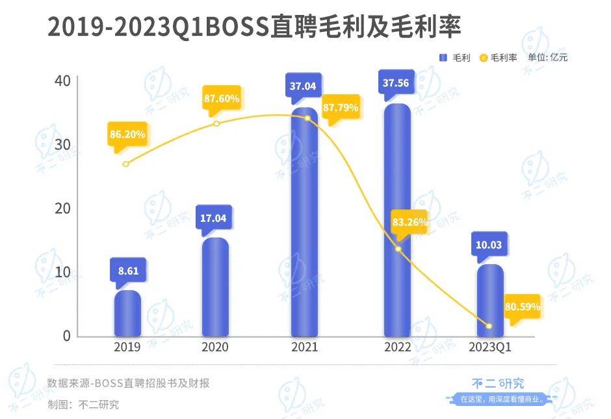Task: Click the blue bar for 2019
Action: coord(127,314)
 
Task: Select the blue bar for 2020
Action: coord(215,287)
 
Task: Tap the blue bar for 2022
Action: coord(397,221)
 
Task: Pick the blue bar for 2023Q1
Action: coord(490,301)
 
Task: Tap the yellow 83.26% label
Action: coord(409,222)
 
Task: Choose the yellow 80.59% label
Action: coord(521,306)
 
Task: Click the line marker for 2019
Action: coord(125,164)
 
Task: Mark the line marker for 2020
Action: coord(216,124)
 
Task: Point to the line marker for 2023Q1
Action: coord(489,326)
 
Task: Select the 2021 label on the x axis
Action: coord(305,347)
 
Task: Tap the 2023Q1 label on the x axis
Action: coord(490,347)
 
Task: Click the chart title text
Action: coord(254,27)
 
